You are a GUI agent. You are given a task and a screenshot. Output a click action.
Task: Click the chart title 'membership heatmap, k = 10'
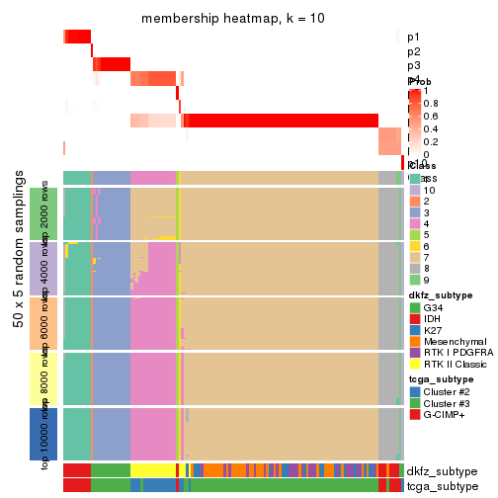pyautogui.click(x=233, y=19)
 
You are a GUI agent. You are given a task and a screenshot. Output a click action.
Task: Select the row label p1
pyautogui.click(x=413, y=37)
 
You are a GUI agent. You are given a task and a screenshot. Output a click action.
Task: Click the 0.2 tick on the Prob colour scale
pyautogui.click(x=433, y=141)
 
